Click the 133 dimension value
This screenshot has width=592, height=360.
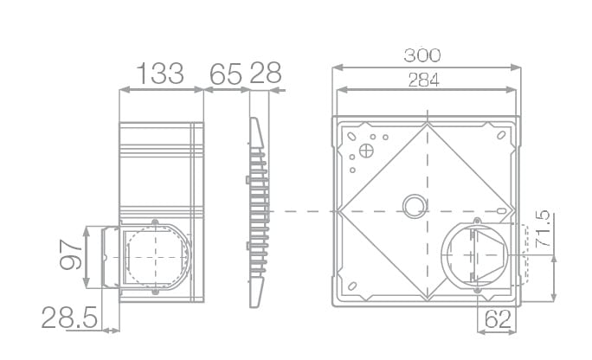(160, 74)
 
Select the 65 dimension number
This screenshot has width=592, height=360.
(225, 74)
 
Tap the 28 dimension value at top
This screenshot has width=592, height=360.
(266, 73)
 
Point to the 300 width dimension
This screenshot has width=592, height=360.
(422, 55)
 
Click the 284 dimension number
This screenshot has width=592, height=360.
(423, 80)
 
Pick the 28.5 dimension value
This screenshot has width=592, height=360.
(69, 318)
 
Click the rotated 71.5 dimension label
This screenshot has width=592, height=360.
(543, 228)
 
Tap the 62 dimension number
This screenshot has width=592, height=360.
(498, 319)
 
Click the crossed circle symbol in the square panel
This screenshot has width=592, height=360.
(366, 151)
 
